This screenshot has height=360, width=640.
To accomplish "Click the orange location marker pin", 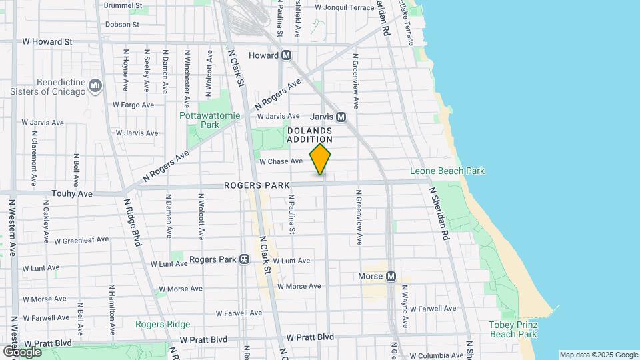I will click(x=321, y=160).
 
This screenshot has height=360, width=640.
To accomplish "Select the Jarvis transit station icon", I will click(x=341, y=117).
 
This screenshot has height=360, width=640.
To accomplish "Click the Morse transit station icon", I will click(x=391, y=276).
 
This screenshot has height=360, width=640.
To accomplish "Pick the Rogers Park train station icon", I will click(x=245, y=259).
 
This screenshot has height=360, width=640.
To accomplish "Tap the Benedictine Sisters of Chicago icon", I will click(x=95, y=85).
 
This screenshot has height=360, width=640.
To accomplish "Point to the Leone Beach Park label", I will click(x=457, y=171).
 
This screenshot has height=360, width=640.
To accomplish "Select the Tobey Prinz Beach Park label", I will click(x=513, y=329).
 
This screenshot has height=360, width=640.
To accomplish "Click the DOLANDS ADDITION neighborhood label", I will click(x=309, y=135).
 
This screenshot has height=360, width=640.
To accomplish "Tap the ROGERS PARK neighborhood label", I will click(x=257, y=185).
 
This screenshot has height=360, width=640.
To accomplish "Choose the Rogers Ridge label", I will click(x=163, y=325).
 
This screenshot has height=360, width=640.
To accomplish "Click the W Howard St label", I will click(x=47, y=41).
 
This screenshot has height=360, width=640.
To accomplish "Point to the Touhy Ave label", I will click(x=71, y=193).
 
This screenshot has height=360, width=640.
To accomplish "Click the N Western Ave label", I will click(x=13, y=227).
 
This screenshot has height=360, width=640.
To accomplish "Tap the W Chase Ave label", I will click(x=281, y=161).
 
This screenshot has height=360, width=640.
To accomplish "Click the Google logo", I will click(x=22, y=351).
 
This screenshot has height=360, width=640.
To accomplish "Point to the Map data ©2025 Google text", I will click(x=599, y=355).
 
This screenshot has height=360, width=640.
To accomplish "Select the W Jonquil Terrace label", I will click(x=344, y=8).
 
